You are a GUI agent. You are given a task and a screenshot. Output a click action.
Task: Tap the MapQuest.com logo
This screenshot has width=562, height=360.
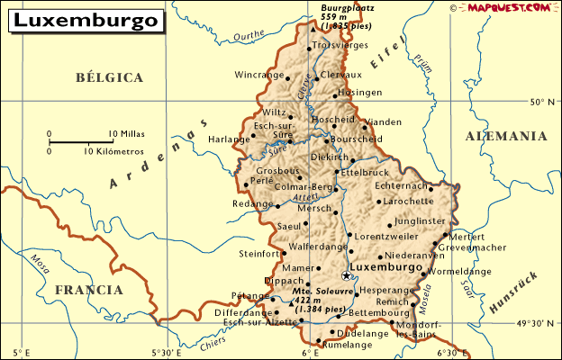(x=507, y=7)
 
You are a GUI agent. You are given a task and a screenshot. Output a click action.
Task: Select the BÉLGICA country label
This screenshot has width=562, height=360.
(x=110, y=78)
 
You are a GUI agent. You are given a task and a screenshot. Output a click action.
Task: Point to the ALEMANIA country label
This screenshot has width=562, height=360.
(x=505, y=136)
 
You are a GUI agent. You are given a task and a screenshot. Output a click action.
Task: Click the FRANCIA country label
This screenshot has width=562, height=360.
(x=88, y=290)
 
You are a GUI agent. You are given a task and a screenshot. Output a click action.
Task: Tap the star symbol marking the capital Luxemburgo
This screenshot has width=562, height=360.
(x=346, y=275)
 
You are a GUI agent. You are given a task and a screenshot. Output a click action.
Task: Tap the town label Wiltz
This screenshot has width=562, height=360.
(x=275, y=112)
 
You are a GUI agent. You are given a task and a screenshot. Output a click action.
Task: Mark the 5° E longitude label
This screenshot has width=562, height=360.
(x=22, y=352)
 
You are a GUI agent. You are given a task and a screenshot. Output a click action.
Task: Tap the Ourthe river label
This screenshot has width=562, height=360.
(x=249, y=37)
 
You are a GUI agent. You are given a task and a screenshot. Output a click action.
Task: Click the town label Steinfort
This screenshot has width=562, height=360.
(x=259, y=254)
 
